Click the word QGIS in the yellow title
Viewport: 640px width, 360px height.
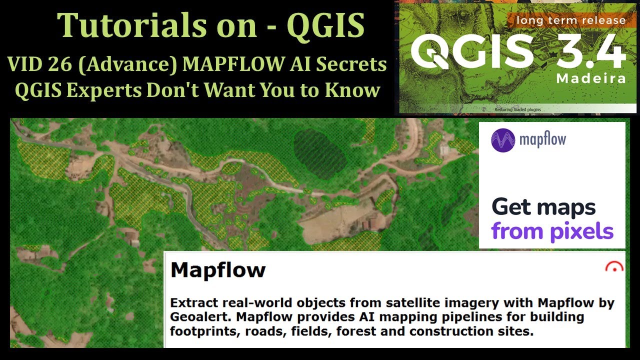click(325, 25)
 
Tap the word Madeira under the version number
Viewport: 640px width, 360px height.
click(590, 79)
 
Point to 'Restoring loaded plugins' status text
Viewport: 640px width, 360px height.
click(517, 109)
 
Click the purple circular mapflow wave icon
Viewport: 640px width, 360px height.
click(502, 140)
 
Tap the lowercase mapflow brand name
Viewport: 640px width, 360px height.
click(542, 139)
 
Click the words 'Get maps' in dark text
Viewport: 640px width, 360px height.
click(543, 207)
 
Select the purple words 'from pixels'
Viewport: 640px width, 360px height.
click(552, 231)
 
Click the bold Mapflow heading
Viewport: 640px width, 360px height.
click(218, 270)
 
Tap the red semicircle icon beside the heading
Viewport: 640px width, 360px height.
click(614, 267)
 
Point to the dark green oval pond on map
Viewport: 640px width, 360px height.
click(320, 150)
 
